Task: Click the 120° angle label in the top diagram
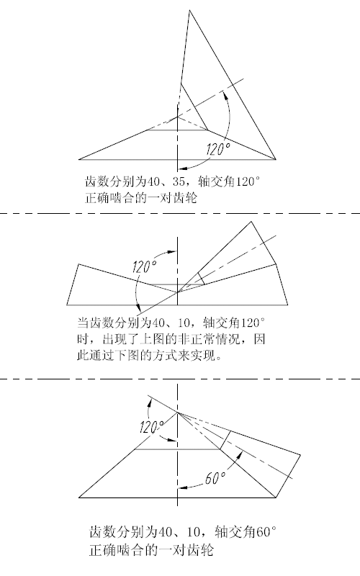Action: click(218, 149)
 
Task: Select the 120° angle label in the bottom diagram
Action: click(152, 427)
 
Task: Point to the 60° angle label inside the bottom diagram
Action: click(215, 478)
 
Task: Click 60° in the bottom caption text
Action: click(266, 531)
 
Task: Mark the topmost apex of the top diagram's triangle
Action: click(189, 10)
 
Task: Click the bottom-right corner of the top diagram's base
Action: click(276, 159)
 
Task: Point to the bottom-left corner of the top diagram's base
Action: click(79, 159)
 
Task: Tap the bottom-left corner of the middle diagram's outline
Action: click(67, 305)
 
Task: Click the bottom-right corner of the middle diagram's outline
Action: click(287, 305)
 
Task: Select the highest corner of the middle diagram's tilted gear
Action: click(251, 222)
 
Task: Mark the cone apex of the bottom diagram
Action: click(178, 413)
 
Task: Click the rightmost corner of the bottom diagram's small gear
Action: click(300, 456)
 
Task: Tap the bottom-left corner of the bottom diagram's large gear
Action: click(79, 498)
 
